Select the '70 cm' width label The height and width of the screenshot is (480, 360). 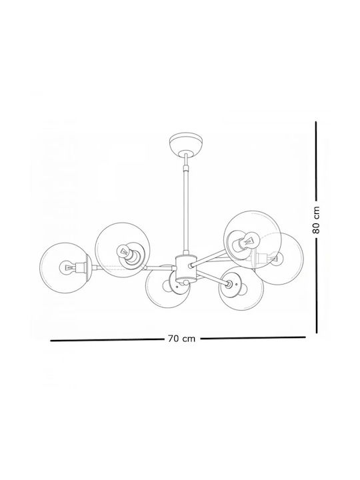[x=181, y=339]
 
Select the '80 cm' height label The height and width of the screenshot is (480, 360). [x=316, y=220]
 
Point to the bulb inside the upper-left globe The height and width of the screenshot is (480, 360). [x=123, y=251]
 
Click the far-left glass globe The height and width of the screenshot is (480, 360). [x=65, y=268]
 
